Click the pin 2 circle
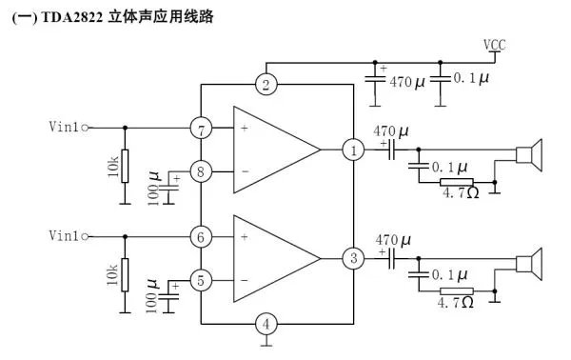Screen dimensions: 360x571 (267, 85)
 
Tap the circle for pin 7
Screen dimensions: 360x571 (201, 127)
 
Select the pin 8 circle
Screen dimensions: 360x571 (201, 171)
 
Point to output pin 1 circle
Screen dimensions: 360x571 (353, 150)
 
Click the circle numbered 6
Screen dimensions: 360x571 (201, 235)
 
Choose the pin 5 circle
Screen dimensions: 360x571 (201, 280)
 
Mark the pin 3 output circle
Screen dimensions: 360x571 (353, 258)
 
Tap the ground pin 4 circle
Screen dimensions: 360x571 (267, 324)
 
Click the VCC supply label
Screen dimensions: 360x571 (495, 46)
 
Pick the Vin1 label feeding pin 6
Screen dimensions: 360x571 (65, 235)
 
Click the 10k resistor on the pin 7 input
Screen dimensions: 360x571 (125, 165)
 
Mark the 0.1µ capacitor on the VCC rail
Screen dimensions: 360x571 (440, 79)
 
